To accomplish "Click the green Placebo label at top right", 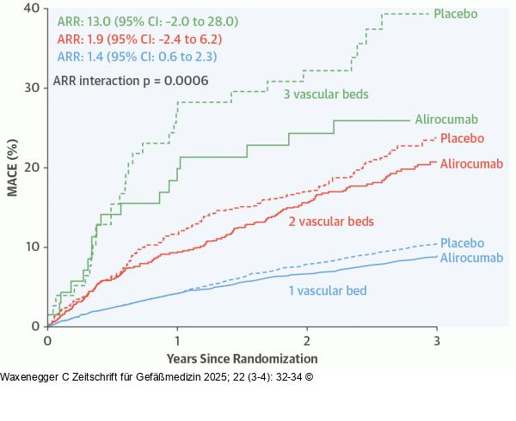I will click(456, 13).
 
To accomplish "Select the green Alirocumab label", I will click(446, 119).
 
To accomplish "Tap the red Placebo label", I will click(462, 138).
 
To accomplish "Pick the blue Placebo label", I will click(462, 244).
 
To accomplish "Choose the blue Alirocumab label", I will click(472, 258).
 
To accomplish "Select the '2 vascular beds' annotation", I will click(331, 221).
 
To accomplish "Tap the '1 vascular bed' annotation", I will click(328, 290).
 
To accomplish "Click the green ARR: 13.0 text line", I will click(147, 21).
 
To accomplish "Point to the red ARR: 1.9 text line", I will click(139, 40).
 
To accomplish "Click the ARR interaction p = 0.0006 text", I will click(131, 81).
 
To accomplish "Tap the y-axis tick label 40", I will click(32, 8).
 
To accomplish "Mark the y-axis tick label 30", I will click(32, 88).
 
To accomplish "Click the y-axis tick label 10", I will click(32, 247).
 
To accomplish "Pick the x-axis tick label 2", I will click(307, 340).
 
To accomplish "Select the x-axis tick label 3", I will click(437, 340).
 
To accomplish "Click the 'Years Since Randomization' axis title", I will click(242, 358).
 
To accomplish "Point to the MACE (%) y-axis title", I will click(13, 167).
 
